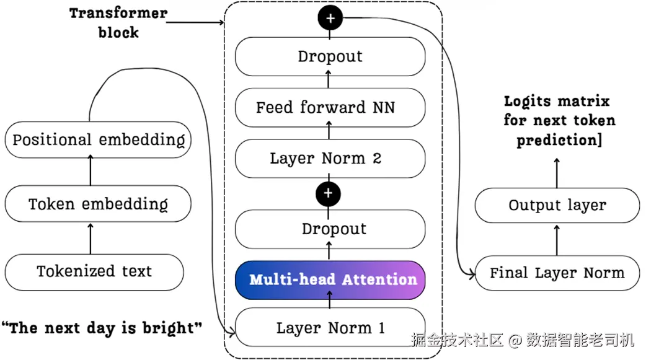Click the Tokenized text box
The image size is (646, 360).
94,272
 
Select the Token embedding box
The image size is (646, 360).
98,204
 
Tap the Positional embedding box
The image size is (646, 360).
98,139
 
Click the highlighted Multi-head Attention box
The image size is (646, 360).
330,280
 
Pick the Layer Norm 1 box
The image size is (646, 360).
330,327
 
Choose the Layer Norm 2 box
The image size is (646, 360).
330,159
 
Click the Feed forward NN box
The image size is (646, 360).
330,108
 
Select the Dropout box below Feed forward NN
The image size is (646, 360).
330,229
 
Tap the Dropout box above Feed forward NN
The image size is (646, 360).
330,56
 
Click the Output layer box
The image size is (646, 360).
557,205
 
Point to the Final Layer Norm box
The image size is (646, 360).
557,273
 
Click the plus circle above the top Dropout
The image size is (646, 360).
330,18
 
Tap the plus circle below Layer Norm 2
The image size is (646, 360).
328,193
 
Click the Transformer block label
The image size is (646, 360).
118,23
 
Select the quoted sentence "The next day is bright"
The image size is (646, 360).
102,328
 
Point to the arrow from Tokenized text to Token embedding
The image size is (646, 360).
91,239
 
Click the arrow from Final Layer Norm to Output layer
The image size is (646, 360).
557,240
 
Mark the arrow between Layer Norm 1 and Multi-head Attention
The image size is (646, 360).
330,299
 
